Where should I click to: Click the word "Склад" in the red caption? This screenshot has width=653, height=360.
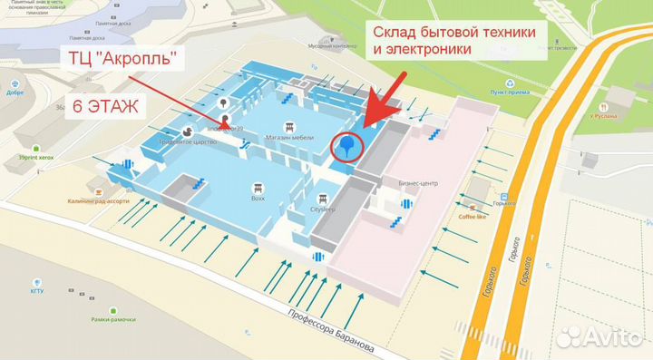(x=400, y=32)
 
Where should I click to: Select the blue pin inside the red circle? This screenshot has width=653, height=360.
(x=346, y=144)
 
